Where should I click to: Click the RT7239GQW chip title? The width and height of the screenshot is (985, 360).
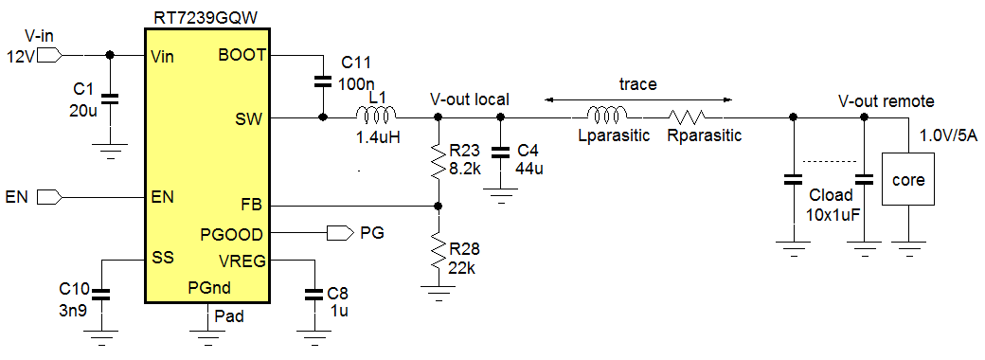click(207, 16)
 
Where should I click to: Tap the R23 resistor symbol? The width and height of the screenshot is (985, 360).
click(438, 161)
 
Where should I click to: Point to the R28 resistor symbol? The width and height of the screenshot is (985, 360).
click(438, 254)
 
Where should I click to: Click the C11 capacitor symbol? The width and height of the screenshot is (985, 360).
click(323, 83)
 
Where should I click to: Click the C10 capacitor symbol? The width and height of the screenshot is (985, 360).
click(101, 295)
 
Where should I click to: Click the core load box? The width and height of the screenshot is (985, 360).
click(909, 178)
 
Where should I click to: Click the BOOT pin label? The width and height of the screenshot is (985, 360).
click(242, 55)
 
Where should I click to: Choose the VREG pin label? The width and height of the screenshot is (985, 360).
click(242, 260)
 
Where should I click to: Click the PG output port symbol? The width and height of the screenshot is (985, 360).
click(336, 232)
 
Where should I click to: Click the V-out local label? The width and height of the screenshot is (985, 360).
click(469, 99)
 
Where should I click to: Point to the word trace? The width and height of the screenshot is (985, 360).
click(637, 84)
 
